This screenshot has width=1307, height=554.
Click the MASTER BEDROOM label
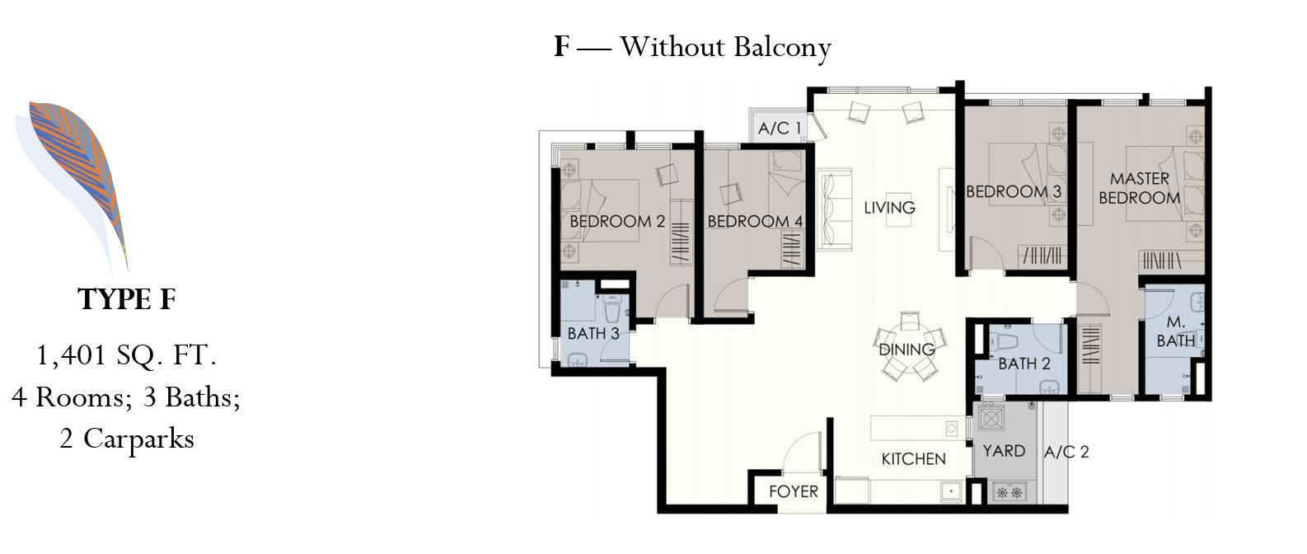point(1139,188)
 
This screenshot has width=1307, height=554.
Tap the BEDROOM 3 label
point(1014,191)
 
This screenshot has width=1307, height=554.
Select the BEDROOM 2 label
point(617,221)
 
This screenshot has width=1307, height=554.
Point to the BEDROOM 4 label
point(755,221)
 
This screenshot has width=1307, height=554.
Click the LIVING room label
point(889,207)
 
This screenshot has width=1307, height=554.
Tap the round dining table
point(907,347)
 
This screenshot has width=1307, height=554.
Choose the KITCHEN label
point(913,459)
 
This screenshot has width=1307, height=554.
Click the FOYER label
point(794,491)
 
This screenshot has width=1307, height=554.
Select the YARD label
point(1004,451)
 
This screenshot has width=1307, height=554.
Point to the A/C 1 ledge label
point(779,128)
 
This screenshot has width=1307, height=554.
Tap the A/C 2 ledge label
point(1066,452)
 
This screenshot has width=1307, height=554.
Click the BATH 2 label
point(1024,364)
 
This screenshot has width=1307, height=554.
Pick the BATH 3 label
point(593,333)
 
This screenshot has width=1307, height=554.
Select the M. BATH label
point(1176,331)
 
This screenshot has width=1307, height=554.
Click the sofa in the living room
point(834,210)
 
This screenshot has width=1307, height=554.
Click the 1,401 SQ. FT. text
point(127,355)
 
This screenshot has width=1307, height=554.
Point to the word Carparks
point(139,439)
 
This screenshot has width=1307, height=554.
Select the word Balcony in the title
point(782,47)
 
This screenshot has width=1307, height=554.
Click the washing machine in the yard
point(991,418)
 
